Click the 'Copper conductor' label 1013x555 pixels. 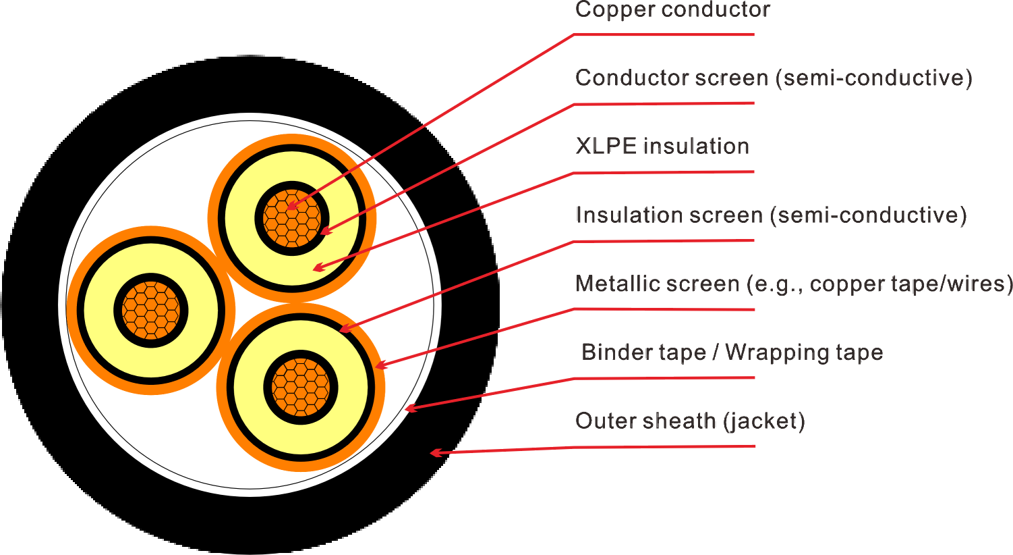tap(672, 9)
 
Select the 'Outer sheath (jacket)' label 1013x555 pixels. tap(690, 421)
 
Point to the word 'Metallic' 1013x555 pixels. tap(614, 284)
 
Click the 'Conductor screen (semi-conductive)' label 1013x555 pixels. tap(773, 78)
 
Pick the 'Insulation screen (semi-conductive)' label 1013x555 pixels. tap(770, 215)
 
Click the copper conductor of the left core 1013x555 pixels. tap(151, 311)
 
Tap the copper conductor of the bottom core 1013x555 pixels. tap(301, 388)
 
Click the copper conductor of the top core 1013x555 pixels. tap(291, 217)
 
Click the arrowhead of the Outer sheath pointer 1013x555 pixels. tap(434, 453)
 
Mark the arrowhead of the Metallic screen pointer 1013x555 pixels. tap(378, 366)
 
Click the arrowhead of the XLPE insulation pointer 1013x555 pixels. tap(318, 269)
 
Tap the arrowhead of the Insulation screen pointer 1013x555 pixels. tap(343, 329)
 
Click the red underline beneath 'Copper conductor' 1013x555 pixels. tap(664, 34)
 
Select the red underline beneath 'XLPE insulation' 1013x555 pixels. tap(664, 172)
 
